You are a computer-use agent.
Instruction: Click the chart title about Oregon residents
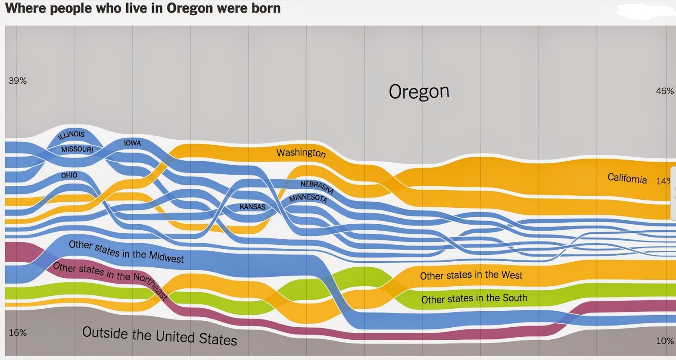(143, 8)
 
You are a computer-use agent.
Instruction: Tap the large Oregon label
(419, 92)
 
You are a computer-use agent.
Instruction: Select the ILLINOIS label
(72, 135)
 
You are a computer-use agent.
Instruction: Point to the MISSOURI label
(77, 149)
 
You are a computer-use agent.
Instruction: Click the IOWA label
(132, 143)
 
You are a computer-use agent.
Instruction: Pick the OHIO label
(69, 175)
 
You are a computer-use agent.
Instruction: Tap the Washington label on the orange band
(301, 153)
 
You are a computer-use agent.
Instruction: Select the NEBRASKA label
(317, 187)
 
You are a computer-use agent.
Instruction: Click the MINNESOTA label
(308, 198)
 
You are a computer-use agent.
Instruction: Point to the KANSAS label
(252, 207)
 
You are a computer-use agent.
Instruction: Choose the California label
(627, 178)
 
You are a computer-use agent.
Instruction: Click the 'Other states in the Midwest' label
(126, 252)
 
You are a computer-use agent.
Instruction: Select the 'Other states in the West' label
(471, 275)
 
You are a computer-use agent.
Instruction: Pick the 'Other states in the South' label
(474, 299)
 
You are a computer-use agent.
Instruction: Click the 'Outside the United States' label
(160, 336)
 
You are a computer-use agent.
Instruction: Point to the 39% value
(18, 81)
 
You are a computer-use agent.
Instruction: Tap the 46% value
(664, 91)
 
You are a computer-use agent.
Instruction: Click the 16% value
(18, 332)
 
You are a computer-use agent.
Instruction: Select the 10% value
(665, 341)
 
